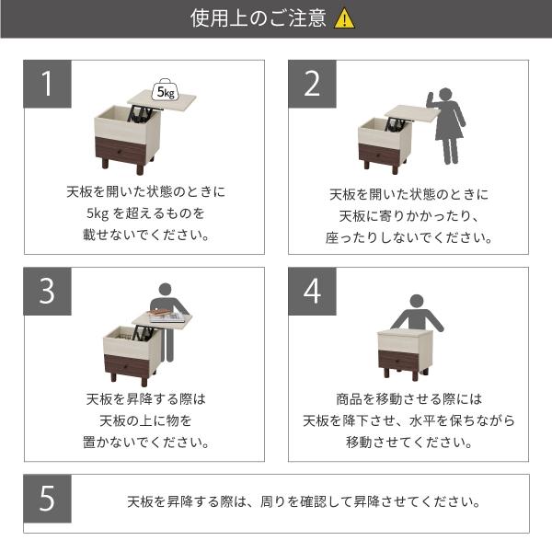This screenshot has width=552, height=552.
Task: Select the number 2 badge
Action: click(x=313, y=85)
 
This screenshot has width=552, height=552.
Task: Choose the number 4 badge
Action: click(x=313, y=291)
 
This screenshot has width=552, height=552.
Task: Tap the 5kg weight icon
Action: click(x=167, y=90)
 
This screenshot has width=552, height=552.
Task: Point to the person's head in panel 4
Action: click(x=417, y=301)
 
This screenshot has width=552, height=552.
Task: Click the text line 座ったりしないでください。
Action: click(x=410, y=236)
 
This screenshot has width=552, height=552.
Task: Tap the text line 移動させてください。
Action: click(x=409, y=442)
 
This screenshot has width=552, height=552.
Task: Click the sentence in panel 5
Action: click(x=304, y=502)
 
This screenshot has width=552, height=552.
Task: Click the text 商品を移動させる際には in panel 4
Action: click(x=409, y=399)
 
